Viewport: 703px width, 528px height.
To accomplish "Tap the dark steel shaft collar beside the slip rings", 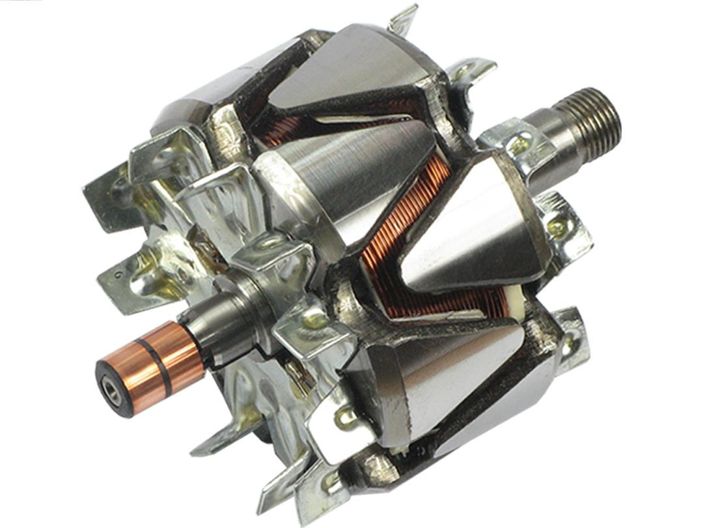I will click(x=215, y=326).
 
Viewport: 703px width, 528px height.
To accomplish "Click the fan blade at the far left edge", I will click(x=104, y=196).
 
